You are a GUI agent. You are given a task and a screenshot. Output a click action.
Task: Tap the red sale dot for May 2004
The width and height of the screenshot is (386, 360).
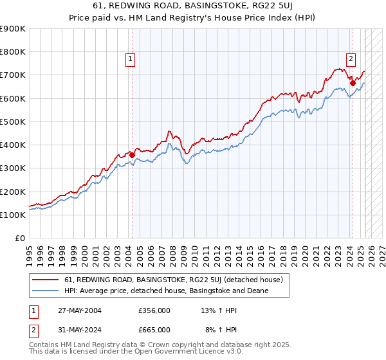[x=132, y=155]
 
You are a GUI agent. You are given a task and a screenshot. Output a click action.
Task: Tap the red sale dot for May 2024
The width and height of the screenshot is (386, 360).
[x=353, y=83]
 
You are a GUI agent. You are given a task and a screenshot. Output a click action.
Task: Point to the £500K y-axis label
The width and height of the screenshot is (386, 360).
[x=13, y=122]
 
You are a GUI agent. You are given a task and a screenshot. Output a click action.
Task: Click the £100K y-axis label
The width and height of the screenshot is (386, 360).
[x=13, y=215]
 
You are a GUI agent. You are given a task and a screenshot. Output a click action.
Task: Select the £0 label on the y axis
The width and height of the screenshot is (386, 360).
[x=19, y=238]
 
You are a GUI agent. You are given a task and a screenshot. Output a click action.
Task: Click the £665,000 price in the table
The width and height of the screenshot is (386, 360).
[x=154, y=329]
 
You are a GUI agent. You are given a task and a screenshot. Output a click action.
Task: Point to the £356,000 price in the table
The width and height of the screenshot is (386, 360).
[x=154, y=310]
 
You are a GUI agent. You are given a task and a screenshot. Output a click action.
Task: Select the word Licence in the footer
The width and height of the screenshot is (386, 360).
[x=175, y=353]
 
